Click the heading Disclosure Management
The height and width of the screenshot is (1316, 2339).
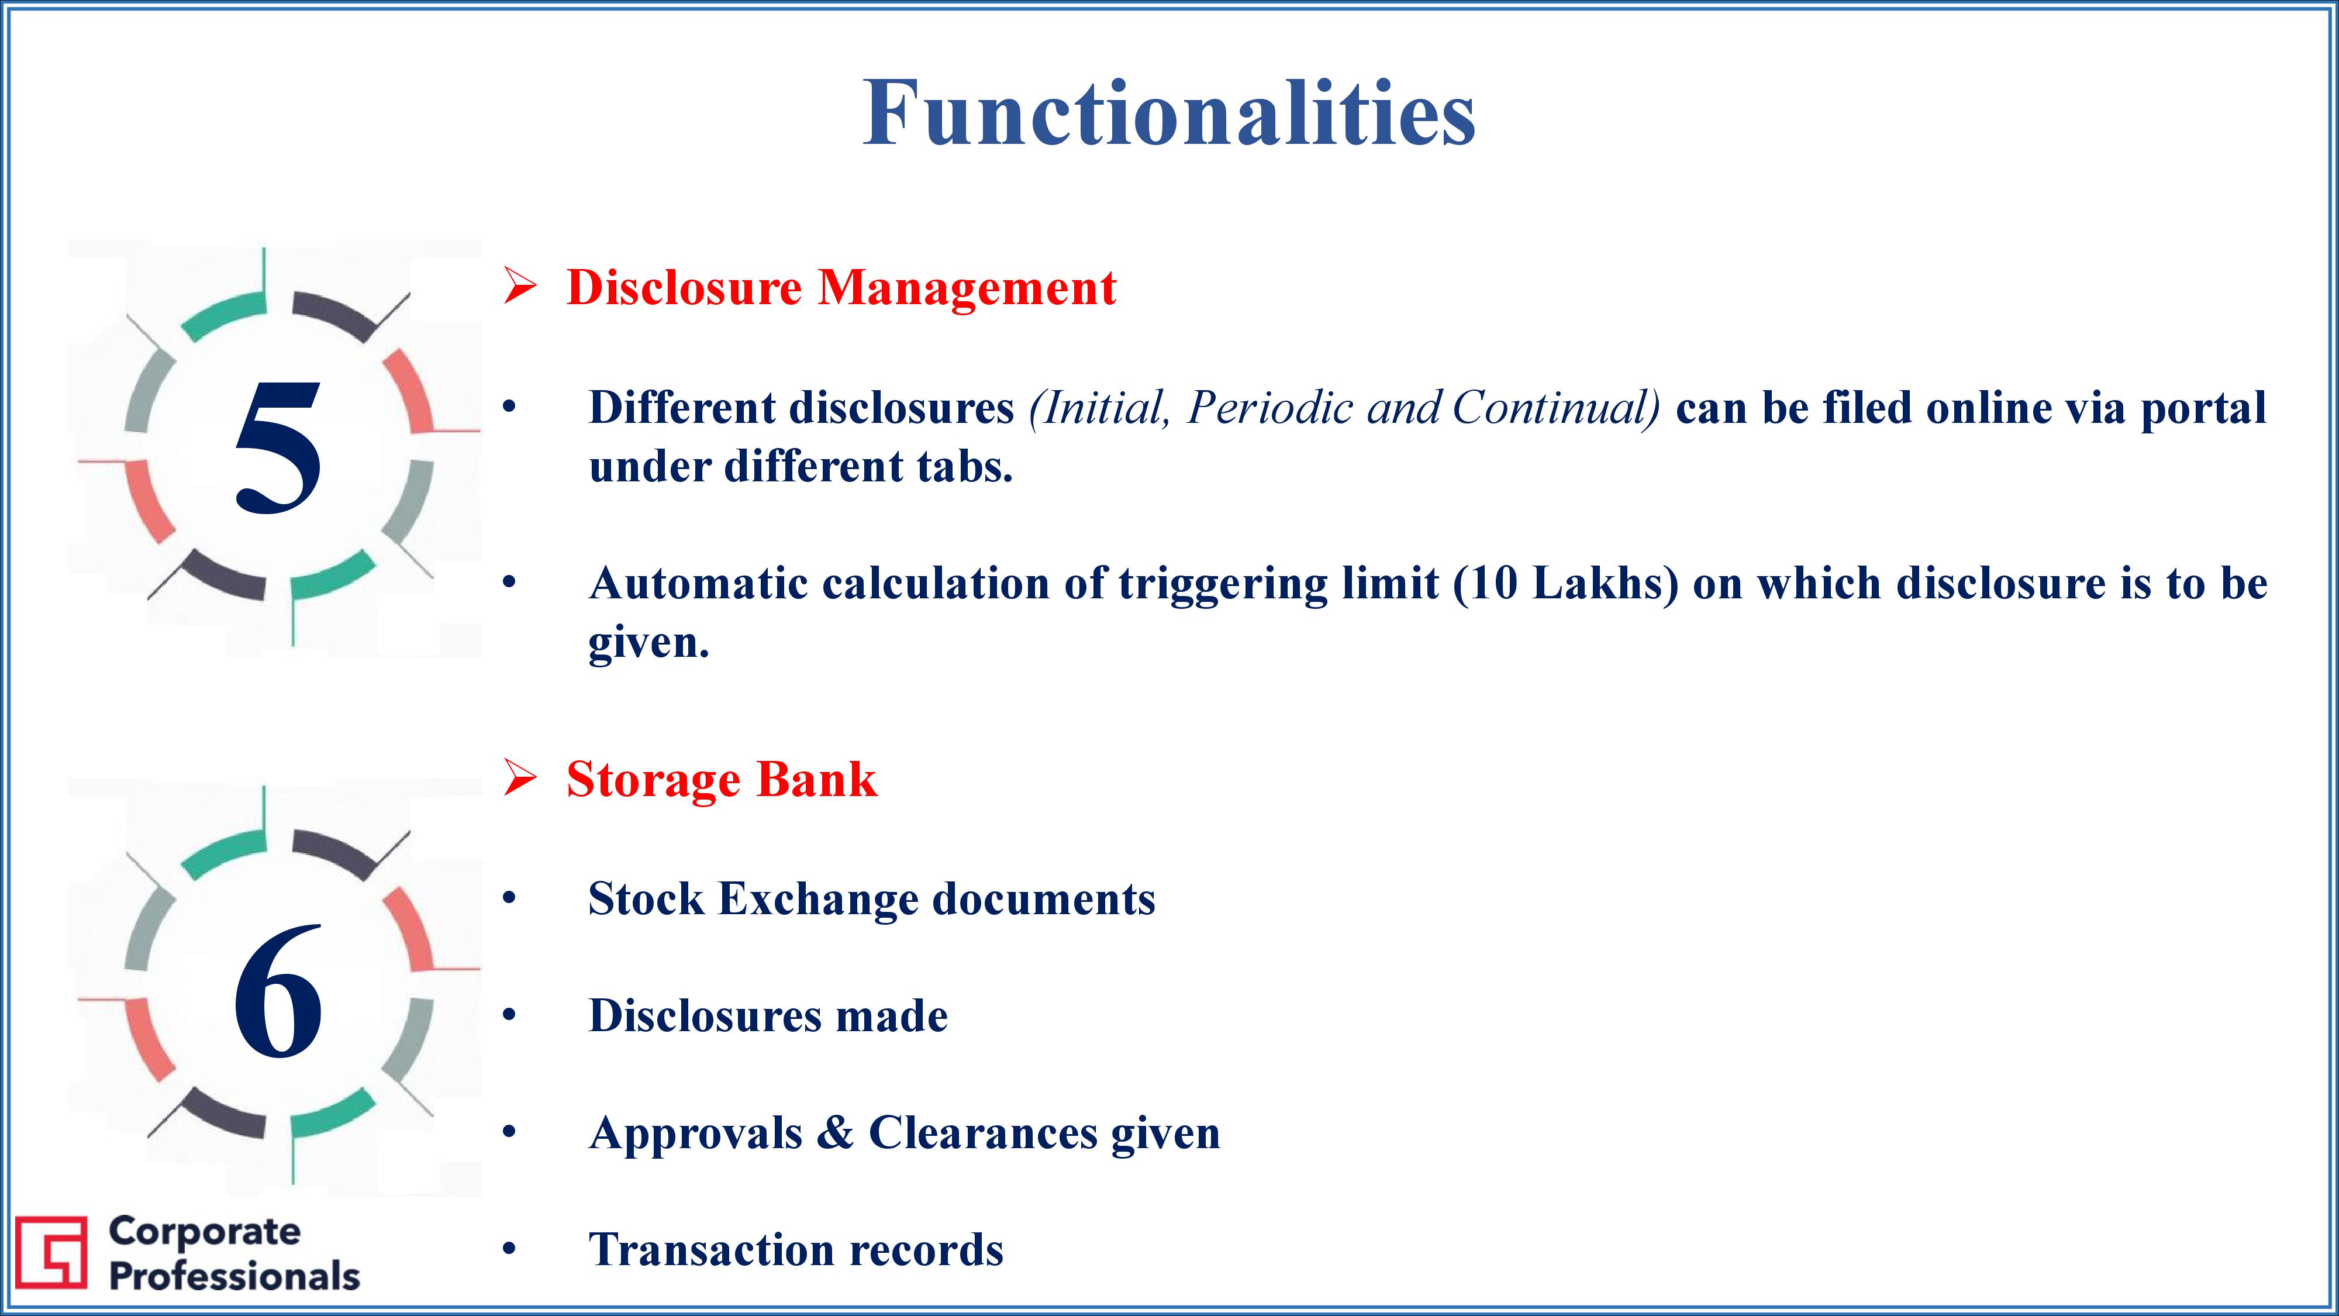tap(841, 289)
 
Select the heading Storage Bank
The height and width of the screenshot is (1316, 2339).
tap(722, 779)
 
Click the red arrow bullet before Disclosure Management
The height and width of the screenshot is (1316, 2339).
tap(520, 288)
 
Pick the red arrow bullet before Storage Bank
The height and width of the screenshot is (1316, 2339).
tap(520, 779)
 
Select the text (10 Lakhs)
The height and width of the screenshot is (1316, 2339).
tap(1565, 584)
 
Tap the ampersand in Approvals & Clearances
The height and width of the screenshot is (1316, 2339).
tap(836, 1132)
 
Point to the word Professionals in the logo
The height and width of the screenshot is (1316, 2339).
tap(234, 1276)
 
